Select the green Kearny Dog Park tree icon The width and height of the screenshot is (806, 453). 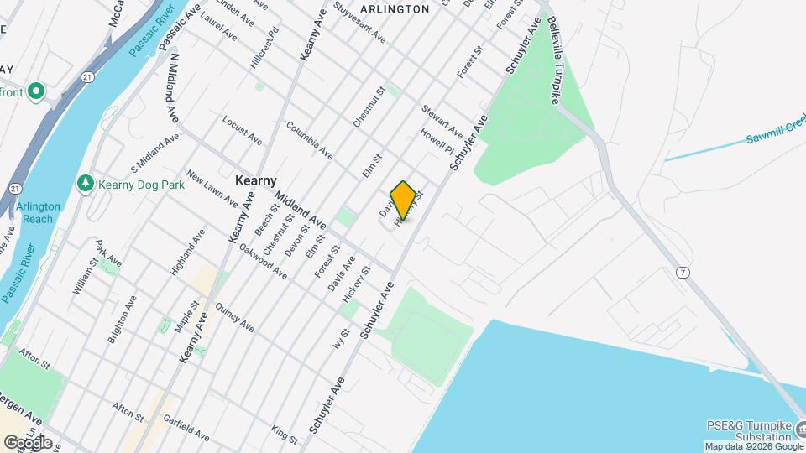pyautogui.click(x=85, y=183)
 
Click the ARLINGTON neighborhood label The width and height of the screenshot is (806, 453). pyautogui.click(x=394, y=9)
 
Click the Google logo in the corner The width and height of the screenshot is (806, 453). pyautogui.click(x=28, y=442)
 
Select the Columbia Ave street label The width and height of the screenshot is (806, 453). pyautogui.click(x=309, y=140)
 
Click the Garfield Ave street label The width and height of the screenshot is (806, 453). pyautogui.click(x=187, y=427)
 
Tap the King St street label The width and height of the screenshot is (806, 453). pyautogui.click(x=285, y=435)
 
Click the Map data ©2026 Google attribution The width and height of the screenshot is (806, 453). pyautogui.click(x=754, y=446)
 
